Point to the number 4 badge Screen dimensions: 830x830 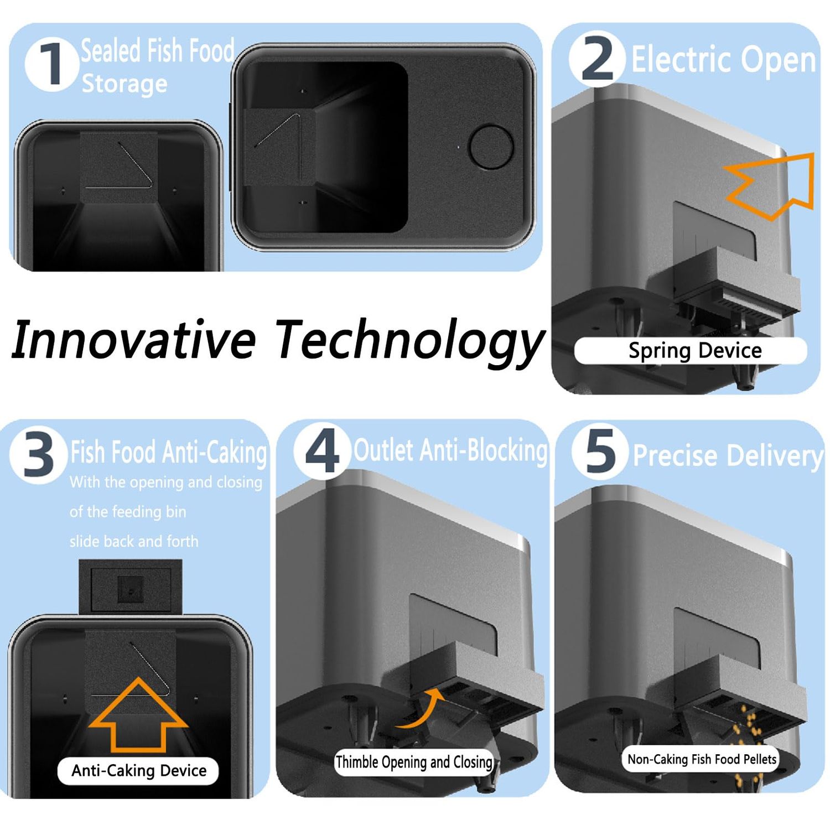[x=322, y=450]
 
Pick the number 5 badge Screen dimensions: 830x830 [x=600, y=450]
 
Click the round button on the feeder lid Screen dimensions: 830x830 [x=491, y=147]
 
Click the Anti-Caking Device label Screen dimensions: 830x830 [x=138, y=771]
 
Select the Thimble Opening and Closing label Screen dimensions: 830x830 [x=414, y=762]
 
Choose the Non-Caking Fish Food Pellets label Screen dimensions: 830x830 [x=702, y=759]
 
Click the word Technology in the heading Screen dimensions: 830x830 [x=409, y=342]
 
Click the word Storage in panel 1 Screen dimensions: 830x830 [x=124, y=84]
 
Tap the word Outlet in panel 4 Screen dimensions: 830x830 [x=384, y=450]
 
